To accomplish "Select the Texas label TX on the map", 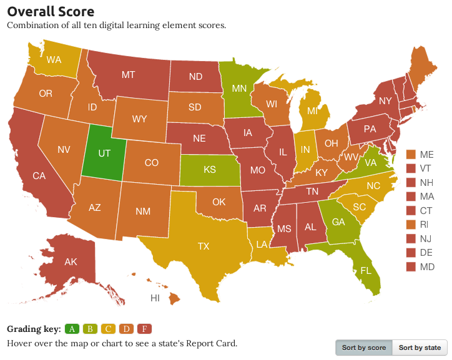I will [x=204, y=246].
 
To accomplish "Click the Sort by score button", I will [x=364, y=348].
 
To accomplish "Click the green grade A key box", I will [x=72, y=329].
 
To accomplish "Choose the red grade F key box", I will [x=144, y=329].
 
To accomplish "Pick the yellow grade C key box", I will [x=109, y=329].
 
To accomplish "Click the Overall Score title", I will [x=51, y=11].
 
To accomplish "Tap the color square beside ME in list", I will [x=411, y=154].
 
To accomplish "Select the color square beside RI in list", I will [x=411, y=225].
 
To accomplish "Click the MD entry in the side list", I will [x=426, y=267].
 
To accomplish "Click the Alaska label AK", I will [x=71, y=262].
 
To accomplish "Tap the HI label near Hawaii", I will [x=155, y=298].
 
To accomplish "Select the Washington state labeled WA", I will [x=54, y=60].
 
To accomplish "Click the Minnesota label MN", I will [x=239, y=88].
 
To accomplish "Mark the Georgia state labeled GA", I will [x=338, y=221].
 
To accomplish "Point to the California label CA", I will [x=39, y=175].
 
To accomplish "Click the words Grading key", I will [x=34, y=329].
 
